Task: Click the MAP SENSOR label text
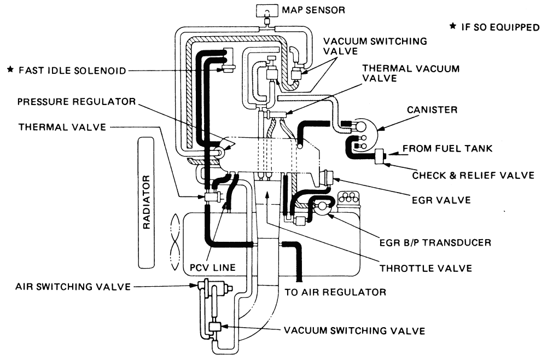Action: [313, 10]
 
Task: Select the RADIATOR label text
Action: [147, 202]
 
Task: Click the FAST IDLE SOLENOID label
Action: [72, 71]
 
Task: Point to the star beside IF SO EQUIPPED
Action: [453, 26]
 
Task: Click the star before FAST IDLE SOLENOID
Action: [10, 69]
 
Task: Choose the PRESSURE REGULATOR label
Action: [77, 102]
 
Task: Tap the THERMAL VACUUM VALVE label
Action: [411, 73]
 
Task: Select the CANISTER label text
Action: [432, 110]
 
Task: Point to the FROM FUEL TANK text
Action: [447, 149]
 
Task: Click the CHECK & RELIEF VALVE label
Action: [473, 175]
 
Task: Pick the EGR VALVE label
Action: [441, 200]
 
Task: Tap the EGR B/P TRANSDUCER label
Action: [435, 242]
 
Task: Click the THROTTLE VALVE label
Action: [426, 268]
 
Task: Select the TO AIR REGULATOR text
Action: [335, 292]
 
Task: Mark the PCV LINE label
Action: [212, 268]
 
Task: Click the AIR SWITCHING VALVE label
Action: [73, 287]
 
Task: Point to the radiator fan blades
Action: [175, 242]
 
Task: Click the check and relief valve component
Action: [380, 156]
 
